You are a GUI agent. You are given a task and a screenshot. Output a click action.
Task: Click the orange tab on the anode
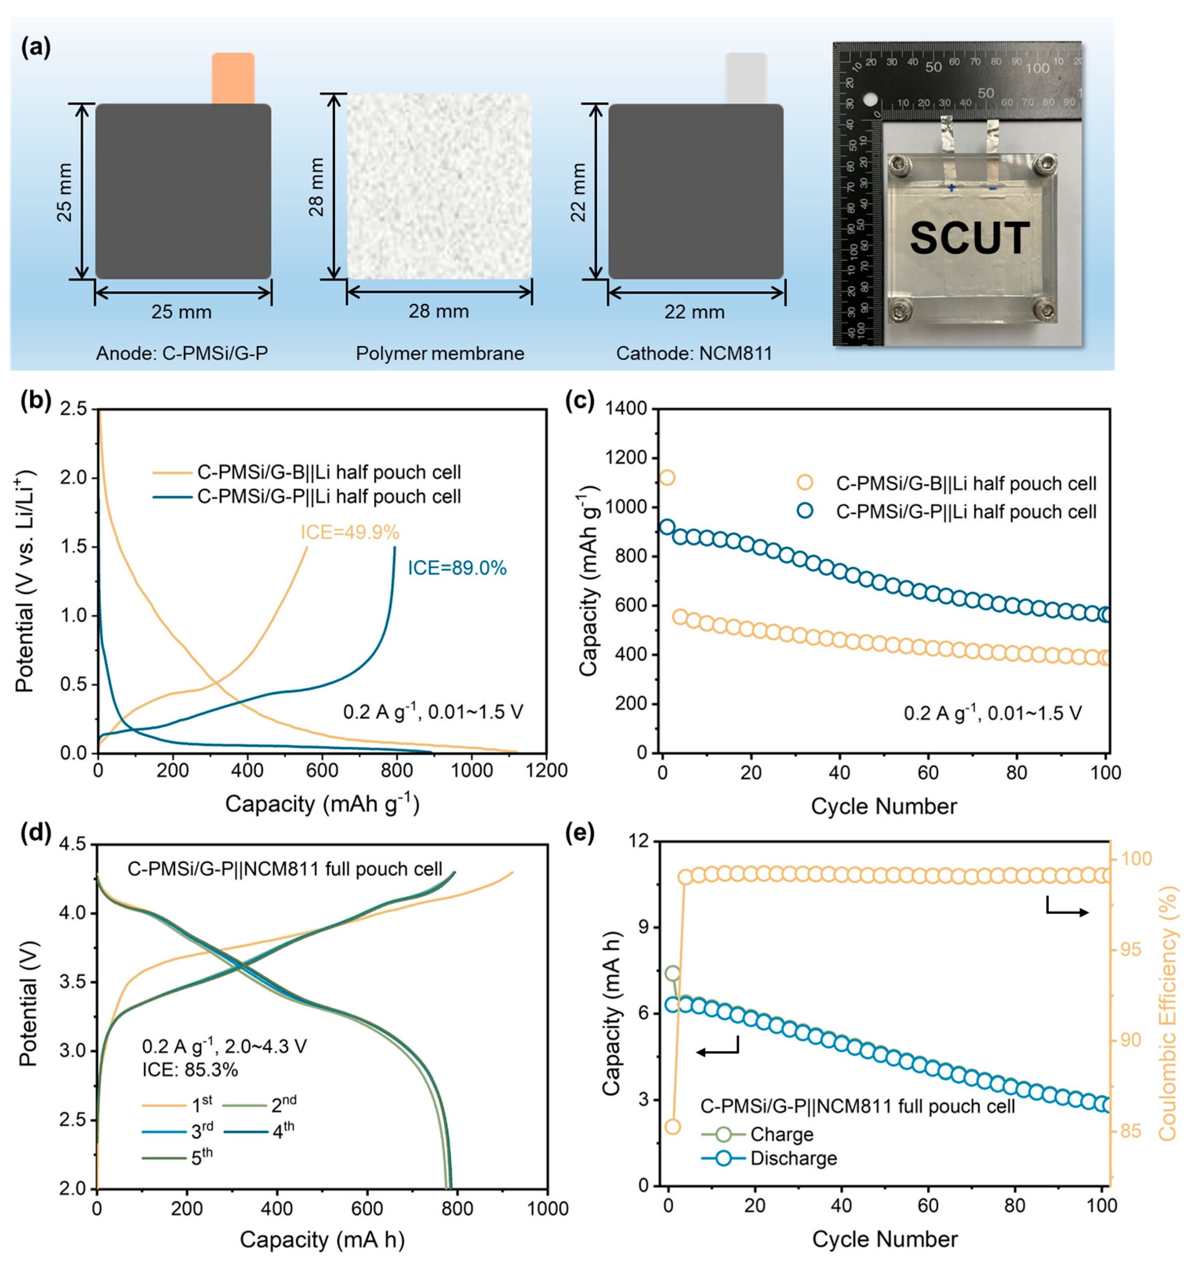(x=233, y=78)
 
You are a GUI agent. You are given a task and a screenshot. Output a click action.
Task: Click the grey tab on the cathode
(x=745, y=78)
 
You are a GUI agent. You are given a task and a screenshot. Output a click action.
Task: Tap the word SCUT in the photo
(x=969, y=238)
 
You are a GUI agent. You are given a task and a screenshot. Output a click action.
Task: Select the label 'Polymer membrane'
(x=440, y=353)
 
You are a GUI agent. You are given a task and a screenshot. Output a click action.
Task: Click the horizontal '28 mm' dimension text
(x=439, y=312)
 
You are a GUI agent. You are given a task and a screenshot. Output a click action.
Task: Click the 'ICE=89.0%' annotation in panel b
(x=457, y=568)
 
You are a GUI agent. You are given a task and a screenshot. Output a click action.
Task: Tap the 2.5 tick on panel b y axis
(x=73, y=409)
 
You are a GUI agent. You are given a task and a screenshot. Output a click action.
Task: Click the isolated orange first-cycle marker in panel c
(x=667, y=477)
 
